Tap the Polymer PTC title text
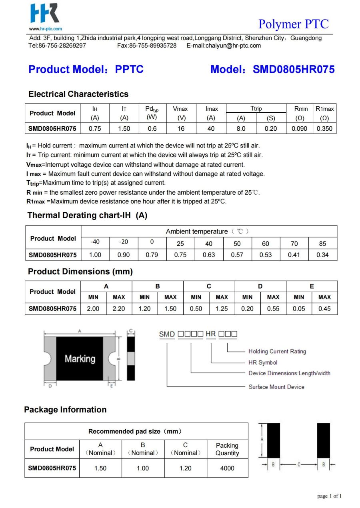[x=293, y=24]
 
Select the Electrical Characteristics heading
[x=78, y=94]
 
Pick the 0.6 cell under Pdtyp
[x=152, y=129]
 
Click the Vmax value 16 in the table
[x=181, y=129]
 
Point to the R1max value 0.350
[x=324, y=129]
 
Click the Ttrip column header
[x=256, y=109]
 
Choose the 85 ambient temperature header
[x=322, y=243]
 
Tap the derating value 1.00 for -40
[x=95, y=255]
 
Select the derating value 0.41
[x=294, y=255]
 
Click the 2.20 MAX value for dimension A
[x=119, y=309]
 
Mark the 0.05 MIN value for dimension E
[x=299, y=309]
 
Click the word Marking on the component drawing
[x=80, y=359]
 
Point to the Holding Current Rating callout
[x=277, y=351]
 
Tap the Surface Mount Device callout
[x=276, y=387]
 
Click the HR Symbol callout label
[x=263, y=363]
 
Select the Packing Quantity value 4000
[x=227, y=468]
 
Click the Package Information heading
[x=65, y=410]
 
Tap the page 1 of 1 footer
[x=329, y=496]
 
